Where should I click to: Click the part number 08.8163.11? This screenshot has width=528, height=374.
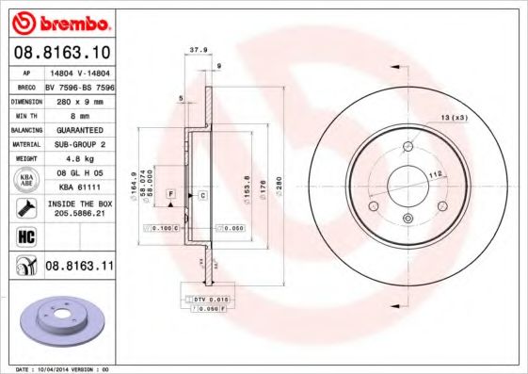79,267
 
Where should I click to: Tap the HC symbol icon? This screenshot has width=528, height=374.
26,236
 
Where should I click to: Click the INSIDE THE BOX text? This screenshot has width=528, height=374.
79,203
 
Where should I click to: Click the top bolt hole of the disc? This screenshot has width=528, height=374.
407,146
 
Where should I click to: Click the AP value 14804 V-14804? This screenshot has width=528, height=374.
79,71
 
